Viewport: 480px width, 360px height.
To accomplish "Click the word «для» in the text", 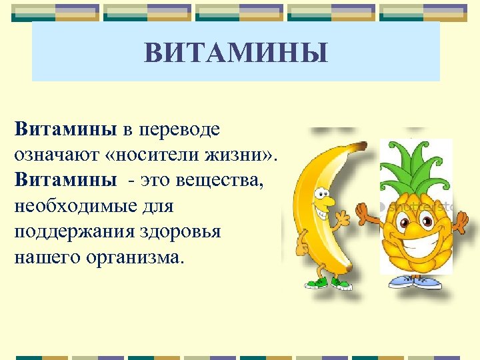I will [156, 205].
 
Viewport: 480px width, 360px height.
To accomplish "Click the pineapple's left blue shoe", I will [400, 282].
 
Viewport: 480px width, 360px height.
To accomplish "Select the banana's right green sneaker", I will [342, 283].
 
